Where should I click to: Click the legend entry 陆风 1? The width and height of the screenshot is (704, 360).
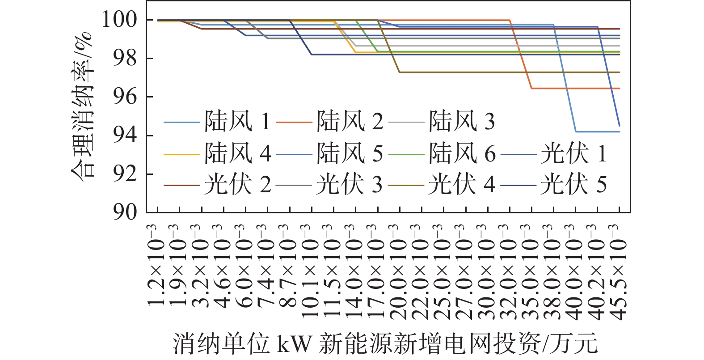tap(217, 122)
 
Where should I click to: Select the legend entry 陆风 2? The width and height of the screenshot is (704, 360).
tap(330, 122)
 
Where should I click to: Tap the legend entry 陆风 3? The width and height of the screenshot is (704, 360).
tap(442, 122)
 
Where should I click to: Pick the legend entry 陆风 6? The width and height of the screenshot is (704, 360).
tap(442, 154)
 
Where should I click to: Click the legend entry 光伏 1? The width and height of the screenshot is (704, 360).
tap(554, 154)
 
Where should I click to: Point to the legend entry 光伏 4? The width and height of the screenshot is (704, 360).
tap(442, 185)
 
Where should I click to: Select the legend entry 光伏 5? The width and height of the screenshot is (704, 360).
tap(554, 185)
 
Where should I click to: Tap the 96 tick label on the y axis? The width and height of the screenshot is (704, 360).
tap(125, 97)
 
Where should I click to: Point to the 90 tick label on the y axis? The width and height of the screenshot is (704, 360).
tap(125, 212)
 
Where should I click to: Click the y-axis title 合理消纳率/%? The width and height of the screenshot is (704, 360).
tap(82, 107)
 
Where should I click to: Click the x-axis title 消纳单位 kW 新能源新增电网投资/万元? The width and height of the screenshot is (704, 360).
tap(385, 344)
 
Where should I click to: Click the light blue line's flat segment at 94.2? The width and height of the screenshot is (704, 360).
tap(598, 132)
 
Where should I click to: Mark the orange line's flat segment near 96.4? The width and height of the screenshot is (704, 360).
tap(575, 89)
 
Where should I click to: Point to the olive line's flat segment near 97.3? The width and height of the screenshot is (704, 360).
tap(510, 72)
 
